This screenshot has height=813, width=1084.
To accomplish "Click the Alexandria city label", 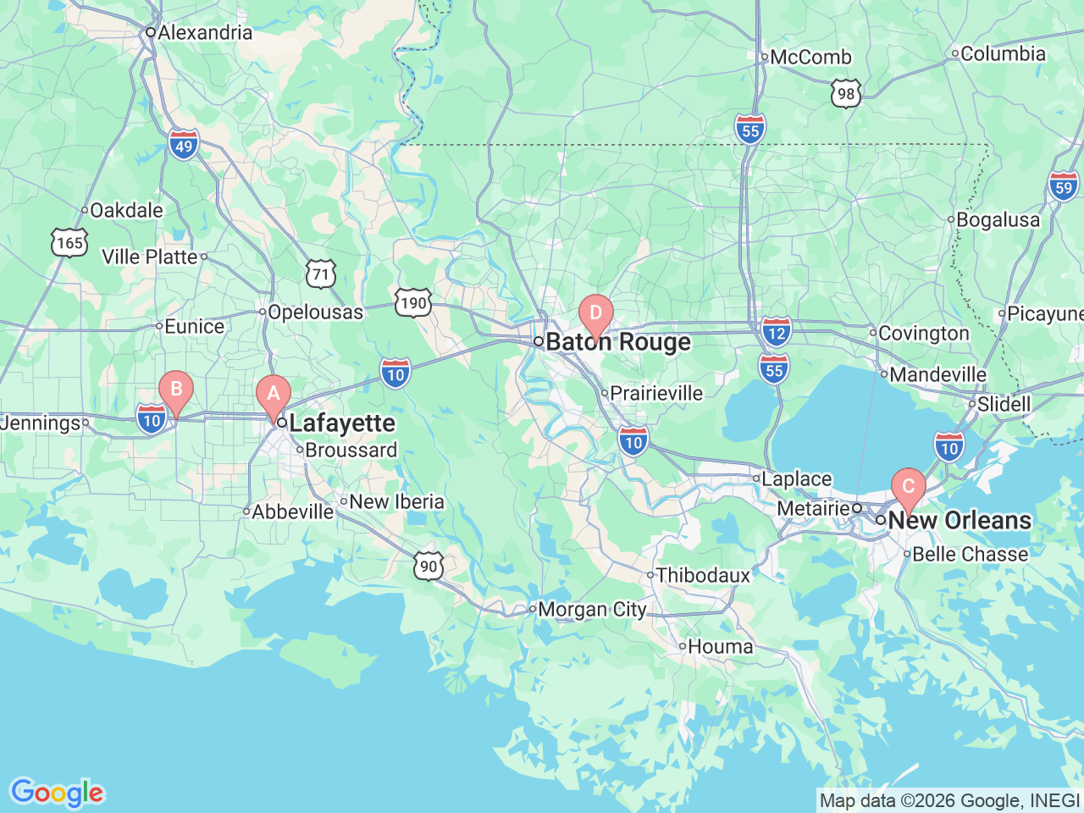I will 205,32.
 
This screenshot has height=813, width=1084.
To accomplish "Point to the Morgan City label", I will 592,609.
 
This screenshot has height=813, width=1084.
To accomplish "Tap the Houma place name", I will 720,646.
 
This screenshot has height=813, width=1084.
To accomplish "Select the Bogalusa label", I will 998,219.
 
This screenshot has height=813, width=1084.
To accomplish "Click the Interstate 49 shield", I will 184,146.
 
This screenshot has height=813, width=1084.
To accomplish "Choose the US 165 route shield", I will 69,243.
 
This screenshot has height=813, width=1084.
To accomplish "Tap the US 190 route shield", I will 413,303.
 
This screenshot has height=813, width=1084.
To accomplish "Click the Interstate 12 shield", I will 776,332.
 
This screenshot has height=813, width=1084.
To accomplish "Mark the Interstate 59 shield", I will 1064,187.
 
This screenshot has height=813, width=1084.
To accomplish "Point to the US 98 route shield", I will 846,94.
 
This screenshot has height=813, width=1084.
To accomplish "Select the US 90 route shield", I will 429,567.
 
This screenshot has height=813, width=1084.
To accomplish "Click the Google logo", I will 56,793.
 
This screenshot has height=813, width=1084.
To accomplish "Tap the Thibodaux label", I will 703,575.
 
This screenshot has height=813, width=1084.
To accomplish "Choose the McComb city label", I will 810,57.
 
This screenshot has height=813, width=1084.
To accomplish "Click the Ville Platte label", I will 149,257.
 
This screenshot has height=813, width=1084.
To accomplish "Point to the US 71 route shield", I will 321,274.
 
